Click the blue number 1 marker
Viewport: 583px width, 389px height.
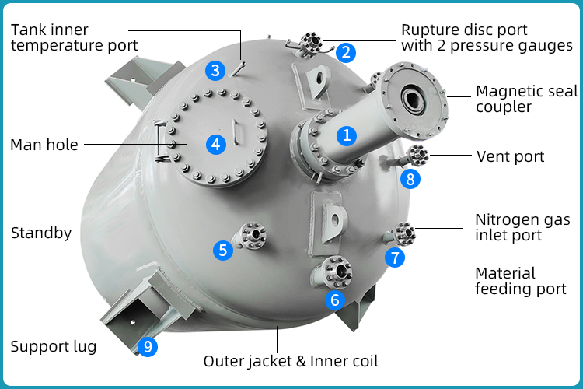(x=347, y=135)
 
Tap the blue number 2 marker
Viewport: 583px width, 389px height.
(x=347, y=53)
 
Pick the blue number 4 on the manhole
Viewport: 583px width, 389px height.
(x=217, y=144)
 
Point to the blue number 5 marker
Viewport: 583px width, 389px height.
(x=223, y=250)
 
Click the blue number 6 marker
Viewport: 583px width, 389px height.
(x=335, y=300)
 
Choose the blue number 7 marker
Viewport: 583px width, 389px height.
(x=396, y=256)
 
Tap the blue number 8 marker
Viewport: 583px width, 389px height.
(x=410, y=178)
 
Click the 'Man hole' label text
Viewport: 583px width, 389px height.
(x=44, y=145)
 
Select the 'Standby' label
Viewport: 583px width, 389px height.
(x=40, y=233)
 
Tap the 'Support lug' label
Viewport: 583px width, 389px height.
(x=54, y=346)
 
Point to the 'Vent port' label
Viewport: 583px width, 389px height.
(x=510, y=156)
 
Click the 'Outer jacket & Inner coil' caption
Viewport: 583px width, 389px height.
(x=291, y=361)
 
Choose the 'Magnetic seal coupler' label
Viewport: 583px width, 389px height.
(x=526, y=99)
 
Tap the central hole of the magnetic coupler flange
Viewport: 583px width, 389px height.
(x=410, y=100)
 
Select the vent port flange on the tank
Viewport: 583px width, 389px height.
(x=418, y=155)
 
